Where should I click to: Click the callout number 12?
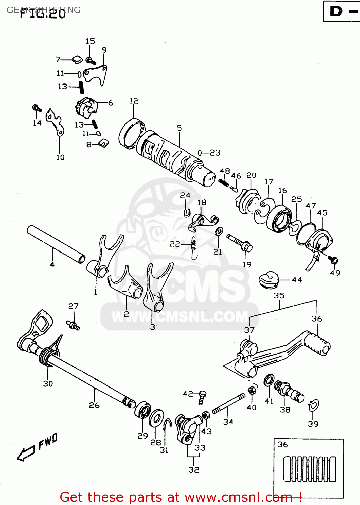134,101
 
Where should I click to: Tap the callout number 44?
297,280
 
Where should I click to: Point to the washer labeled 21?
219,231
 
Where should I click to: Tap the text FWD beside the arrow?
48,441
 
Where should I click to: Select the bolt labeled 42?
202,397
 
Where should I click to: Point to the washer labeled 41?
269,380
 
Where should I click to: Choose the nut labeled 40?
251,391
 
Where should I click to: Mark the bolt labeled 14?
37,108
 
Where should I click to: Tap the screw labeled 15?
91,61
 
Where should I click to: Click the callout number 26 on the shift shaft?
94,405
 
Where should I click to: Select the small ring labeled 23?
200,153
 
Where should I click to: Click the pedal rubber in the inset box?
309,469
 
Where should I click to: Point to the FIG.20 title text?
43,14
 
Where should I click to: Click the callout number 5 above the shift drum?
179,128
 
